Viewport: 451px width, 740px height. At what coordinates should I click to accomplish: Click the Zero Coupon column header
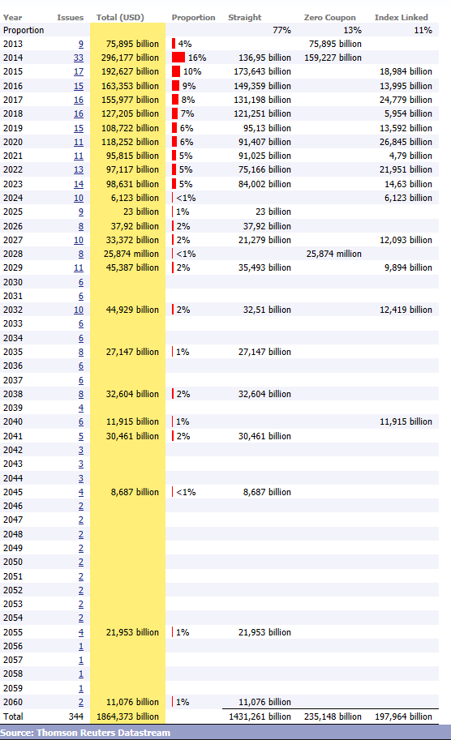[x=329, y=18]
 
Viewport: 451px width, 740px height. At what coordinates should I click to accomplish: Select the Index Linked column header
[x=402, y=18]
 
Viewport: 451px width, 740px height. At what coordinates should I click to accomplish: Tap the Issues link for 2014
[x=79, y=58]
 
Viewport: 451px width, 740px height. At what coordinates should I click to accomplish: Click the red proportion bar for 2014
[x=178, y=58]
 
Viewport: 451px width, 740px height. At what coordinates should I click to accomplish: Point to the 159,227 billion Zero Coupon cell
[x=333, y=58]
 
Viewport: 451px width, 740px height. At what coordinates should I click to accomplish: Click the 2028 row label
[x=13, y=254]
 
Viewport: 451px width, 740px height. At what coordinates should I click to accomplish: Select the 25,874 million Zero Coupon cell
[x=334, y=254]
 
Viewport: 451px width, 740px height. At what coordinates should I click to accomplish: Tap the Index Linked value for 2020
[x=406, y=142]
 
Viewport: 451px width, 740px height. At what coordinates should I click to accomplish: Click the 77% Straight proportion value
[x=281, y=30]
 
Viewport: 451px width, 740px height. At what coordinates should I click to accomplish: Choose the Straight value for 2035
[x=264, y=352]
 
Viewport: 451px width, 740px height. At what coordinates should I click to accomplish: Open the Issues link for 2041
[x=81, y=436]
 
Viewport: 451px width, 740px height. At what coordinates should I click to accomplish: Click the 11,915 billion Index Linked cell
[x=406, y=422]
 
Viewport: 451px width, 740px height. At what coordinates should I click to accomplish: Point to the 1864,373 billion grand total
[x=127, y=716]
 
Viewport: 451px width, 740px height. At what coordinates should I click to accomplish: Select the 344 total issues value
[x=76, y=716]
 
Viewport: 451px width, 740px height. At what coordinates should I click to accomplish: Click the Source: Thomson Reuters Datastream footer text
[x=85, y=733]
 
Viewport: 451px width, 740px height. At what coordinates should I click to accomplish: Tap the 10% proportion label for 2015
[x=192, y=72]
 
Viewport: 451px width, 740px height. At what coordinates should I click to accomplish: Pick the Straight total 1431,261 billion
[x=260, y=716]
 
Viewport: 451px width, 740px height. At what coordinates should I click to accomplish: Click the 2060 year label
[x=13, y=702]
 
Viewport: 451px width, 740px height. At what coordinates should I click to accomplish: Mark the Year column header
[x=12, y=18]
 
